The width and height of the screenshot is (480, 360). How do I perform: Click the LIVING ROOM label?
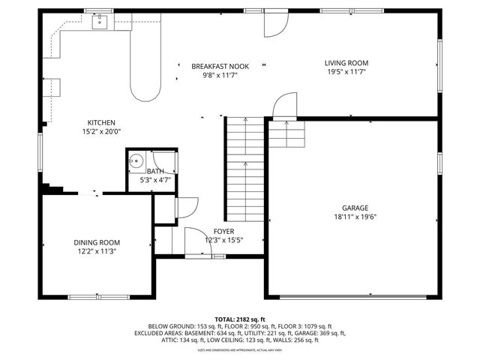click(346, 63)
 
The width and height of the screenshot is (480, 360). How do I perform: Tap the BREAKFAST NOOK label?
click(220, 66)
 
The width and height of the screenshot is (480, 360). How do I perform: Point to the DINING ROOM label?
click(97, 242)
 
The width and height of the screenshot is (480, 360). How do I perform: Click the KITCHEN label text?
click(101, 123)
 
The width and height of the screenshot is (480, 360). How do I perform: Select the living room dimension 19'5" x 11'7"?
click(346, 72)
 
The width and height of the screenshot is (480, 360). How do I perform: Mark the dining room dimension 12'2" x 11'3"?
click(97, 251)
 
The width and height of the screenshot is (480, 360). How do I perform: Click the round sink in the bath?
click(136, 160)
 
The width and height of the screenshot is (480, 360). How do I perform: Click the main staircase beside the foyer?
click(244, 169)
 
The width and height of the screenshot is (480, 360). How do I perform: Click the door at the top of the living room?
click(274, 25)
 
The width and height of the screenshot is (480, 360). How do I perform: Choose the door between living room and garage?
click(285, 107)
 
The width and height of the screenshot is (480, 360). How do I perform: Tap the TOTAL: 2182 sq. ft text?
click(240, 319)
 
